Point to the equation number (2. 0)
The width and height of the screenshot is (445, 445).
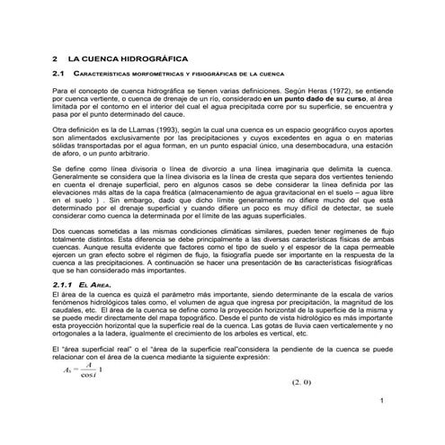(x=300, y=383)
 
